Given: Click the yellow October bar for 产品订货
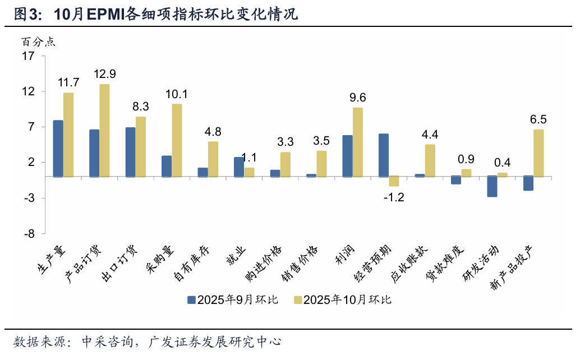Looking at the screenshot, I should point(104,130).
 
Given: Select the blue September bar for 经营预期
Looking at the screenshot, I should point(384,155).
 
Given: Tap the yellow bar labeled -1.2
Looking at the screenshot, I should point(394,181).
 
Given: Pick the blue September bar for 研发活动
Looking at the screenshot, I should point(492,186).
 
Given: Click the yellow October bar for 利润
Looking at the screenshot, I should point(357,142).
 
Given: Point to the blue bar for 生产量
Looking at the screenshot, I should point(58,149).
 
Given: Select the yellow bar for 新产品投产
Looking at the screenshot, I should point(538,153).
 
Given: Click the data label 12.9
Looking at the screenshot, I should point(105,74).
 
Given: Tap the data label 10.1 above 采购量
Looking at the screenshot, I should point(177,94).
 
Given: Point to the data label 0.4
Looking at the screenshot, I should point(502,163).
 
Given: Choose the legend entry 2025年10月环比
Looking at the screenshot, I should point(342,300).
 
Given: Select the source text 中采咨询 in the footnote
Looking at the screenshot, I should point(105,341).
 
